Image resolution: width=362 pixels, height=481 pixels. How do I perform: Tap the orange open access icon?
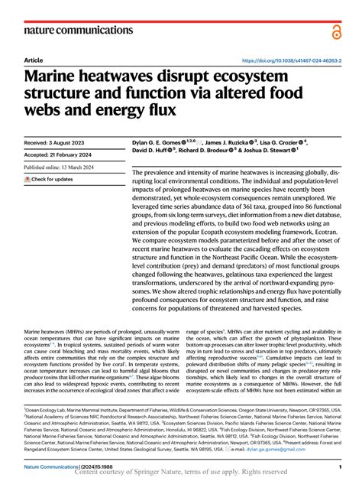336,30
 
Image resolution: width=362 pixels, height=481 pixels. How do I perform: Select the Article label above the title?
34,60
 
